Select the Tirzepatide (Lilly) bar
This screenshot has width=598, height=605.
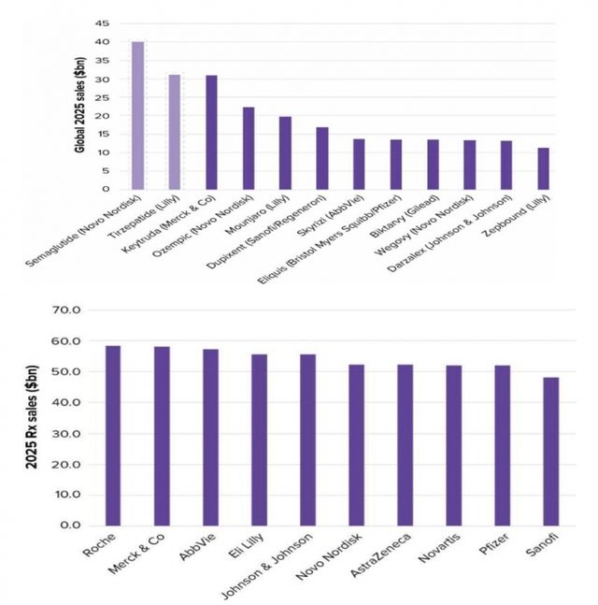point(175,132)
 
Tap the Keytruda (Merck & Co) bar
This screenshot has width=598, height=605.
point(211,132)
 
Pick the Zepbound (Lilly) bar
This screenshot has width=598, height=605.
point(543,168)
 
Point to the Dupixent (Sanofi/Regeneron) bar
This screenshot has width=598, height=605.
point(322,158)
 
